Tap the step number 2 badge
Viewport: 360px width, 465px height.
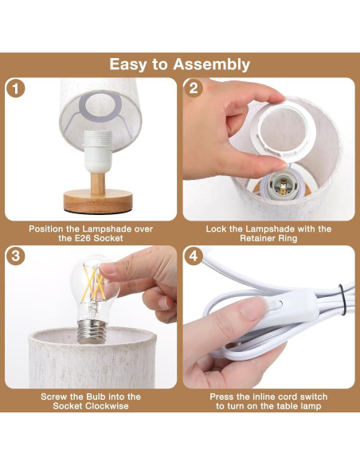point(194,88)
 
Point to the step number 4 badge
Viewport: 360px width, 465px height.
point(194,256)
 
